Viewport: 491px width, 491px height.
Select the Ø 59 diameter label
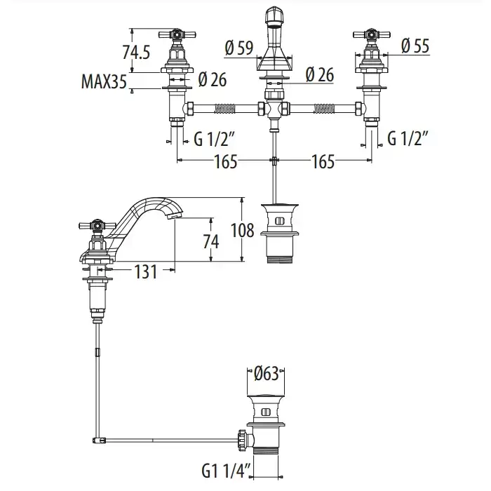[238, 48]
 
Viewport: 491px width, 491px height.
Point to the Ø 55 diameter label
[415, 46]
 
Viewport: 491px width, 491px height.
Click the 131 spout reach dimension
[145, 271]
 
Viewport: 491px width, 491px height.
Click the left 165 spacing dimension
[225, 162]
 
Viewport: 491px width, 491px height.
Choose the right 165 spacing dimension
[322, 162]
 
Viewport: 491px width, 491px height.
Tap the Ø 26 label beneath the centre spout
[320, 74]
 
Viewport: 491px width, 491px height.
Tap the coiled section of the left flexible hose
[224, 109]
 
